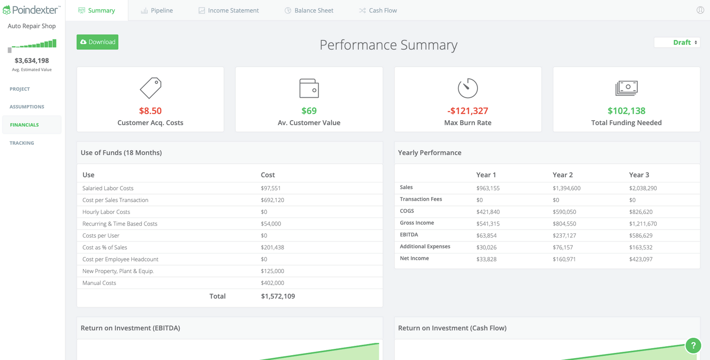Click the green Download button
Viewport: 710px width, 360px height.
(97, 42)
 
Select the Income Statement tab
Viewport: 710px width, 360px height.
(229, 11)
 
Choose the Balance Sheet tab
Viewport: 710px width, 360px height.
(309, 11)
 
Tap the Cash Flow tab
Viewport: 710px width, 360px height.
(378, 11)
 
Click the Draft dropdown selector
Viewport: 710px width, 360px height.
(677, 43)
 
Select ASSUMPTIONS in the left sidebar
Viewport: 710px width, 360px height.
(27, 107)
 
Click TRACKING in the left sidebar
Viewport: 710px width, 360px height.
(22, 143)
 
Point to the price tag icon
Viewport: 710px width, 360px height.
(150, 88)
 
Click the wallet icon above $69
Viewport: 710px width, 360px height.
(309, 88)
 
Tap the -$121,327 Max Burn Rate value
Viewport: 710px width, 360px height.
(468, 111)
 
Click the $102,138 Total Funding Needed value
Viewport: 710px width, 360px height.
(626, 111)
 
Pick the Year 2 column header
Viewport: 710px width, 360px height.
(563, 175)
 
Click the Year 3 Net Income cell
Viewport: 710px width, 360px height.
(641, 259)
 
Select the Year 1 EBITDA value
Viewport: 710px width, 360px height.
(486, 236)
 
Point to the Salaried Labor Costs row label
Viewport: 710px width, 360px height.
(108, 188)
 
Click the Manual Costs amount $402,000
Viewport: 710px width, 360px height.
(272, 283)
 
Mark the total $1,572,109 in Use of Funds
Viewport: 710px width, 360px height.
(278, 297)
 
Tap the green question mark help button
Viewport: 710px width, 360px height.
(693, 345)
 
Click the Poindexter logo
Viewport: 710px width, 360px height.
(32, 10)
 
